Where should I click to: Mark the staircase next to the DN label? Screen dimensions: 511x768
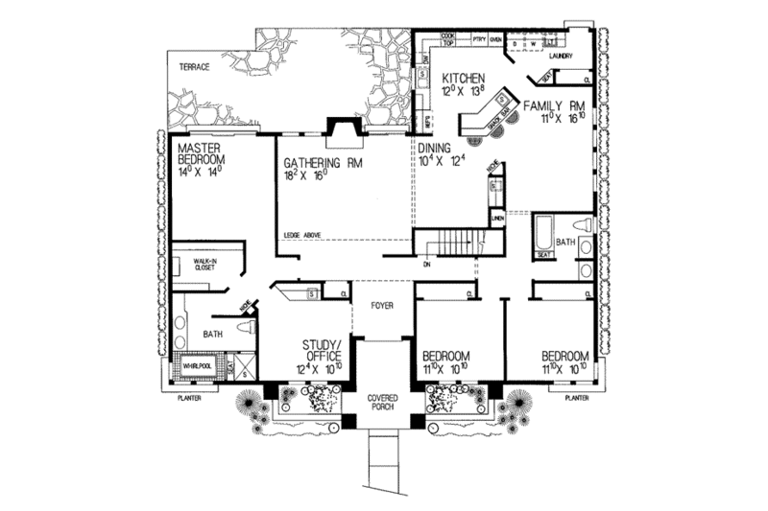coord(451,245)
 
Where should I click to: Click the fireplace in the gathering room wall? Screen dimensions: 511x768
coord(343,128)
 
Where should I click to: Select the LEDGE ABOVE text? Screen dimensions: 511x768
coord(302,236)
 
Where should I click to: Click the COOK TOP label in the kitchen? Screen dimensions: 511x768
coord(447,37)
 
